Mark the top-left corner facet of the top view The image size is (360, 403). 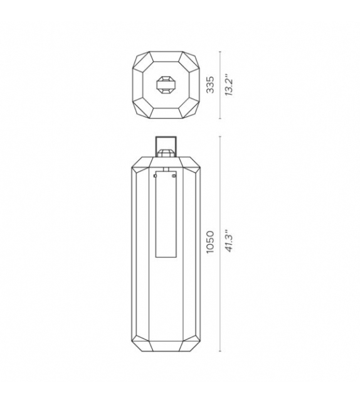[142, 60]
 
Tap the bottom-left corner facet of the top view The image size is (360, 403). [142, 109]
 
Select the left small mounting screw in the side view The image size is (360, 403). [155, 176]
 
